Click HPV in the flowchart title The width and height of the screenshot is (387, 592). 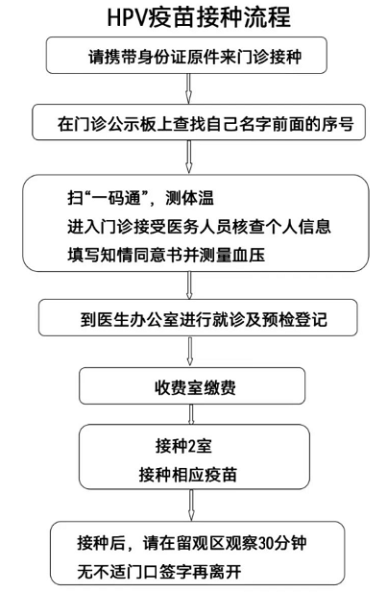[127, 17]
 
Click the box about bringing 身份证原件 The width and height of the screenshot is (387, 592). [186, 55]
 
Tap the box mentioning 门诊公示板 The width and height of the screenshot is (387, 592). [199, 122]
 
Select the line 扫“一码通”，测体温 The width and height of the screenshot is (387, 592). [141, 197]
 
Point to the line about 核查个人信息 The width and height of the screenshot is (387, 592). [199, 226]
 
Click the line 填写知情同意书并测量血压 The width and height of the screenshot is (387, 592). [166, 255]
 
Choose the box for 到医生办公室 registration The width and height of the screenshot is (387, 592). [198, 317]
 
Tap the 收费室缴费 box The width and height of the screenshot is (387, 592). [192, 386]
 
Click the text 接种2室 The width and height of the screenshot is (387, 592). [183, 446]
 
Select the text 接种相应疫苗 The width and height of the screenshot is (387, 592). [188, 475]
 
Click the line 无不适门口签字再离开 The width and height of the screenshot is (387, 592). [159, 571]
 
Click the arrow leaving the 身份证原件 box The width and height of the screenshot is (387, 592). [189, 88]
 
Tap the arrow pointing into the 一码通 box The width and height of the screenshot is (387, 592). [189, 157]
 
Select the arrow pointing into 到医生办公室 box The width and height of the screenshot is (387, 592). [189, 285]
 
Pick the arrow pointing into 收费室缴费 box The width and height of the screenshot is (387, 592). [190, 352]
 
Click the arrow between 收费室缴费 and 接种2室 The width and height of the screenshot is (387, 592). [191, 414]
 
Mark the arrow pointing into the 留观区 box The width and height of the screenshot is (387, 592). [192, 506]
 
